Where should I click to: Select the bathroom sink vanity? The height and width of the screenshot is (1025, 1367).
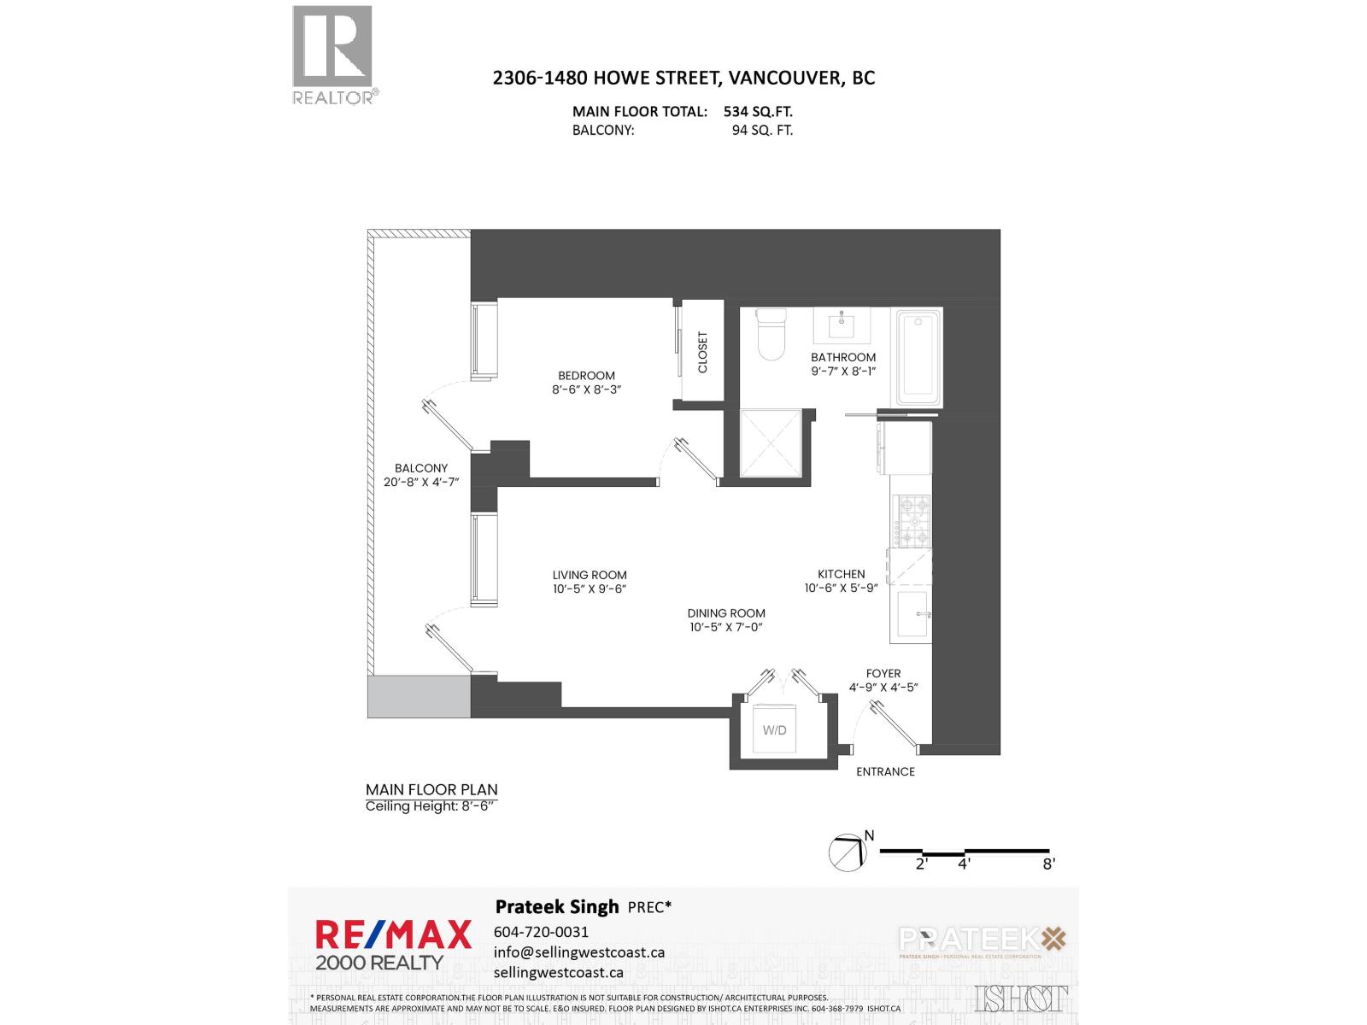[843, 325]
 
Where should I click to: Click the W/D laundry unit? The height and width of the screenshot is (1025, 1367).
[775, 729]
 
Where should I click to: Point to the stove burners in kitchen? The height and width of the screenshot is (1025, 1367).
[911, 521]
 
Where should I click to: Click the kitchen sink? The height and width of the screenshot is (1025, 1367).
[911, 614]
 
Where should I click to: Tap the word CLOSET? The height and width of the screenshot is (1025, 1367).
[703, 352]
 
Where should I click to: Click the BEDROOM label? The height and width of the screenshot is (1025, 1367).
[586, 376]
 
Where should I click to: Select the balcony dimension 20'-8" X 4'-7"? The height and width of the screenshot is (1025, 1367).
[421, 482]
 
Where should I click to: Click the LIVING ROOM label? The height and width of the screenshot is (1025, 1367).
[590, 576]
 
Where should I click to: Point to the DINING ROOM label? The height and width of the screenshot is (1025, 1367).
[726, 613]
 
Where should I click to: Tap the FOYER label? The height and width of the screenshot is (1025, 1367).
[883, 673]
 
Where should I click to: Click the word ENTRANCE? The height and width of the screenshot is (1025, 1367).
[885, 771]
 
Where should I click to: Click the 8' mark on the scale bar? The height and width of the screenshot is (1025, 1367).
[1048, 864]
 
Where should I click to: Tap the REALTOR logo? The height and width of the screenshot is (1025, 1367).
[333, 54]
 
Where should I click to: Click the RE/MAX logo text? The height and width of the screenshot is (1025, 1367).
[393, 934]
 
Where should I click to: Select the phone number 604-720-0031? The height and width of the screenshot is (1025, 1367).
[541, 932]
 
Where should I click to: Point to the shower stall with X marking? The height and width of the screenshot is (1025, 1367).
[771, 444]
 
